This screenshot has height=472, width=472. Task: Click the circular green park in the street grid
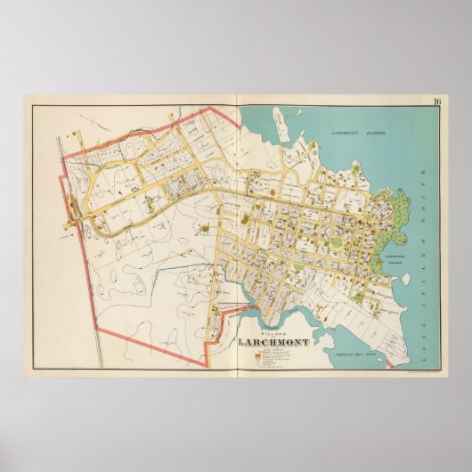pos(336,239)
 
